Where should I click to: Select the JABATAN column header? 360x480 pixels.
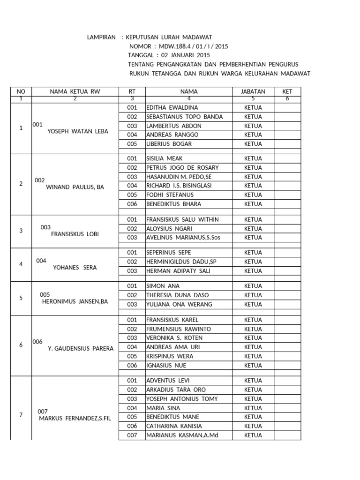(253, 91)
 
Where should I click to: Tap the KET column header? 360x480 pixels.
(287, 91)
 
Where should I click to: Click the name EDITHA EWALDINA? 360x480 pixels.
(172, 107)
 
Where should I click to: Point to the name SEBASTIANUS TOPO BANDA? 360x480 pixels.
(184, 117)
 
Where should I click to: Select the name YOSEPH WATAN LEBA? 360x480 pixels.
(78, 131)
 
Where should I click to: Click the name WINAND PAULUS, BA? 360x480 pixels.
(75, 187)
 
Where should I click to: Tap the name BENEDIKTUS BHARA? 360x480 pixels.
(173, 204)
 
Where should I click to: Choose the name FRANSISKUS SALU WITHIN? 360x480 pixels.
(182, 219)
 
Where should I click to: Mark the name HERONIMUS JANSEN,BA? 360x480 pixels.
(75, 301)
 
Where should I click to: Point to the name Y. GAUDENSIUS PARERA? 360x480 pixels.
(81, 348)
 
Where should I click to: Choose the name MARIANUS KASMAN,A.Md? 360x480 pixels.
(182, 435)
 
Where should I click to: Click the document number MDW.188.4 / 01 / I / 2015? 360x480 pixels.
(193, 46)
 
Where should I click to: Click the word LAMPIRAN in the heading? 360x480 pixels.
(101, 37)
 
